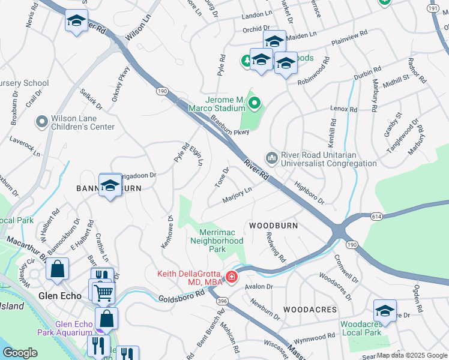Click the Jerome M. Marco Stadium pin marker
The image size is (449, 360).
point(255,104)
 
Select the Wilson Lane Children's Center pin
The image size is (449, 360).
point(42,122)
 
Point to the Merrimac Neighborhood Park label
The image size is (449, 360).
point(217,241)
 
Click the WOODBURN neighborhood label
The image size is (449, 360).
point(273,225)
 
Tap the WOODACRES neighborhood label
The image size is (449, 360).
point(310,309)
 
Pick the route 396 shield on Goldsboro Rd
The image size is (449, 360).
point(221,301)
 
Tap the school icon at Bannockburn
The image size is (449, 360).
point(110,186)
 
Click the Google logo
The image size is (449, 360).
point(19,353)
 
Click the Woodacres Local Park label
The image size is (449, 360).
point(361,328)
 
